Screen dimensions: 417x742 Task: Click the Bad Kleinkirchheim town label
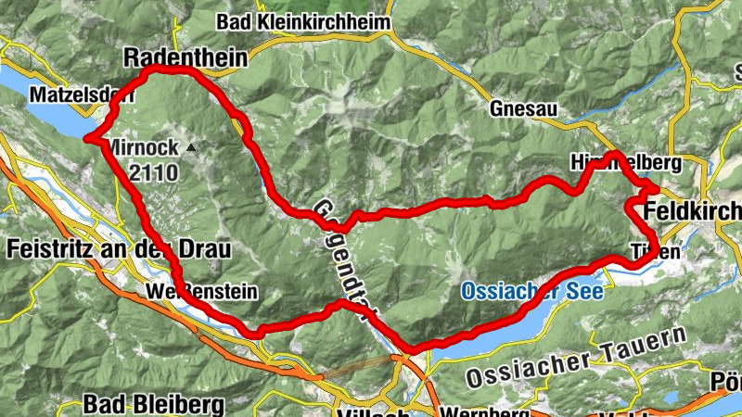[x=303, y=20]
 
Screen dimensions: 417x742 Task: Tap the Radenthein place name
[x=185, y=57]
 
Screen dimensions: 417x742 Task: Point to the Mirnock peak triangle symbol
[x=191, y=146]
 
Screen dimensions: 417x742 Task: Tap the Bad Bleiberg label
[x=153, y=404]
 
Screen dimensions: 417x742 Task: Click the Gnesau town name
[x=525, y=109]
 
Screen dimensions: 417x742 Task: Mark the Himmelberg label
[x=626, y=163]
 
